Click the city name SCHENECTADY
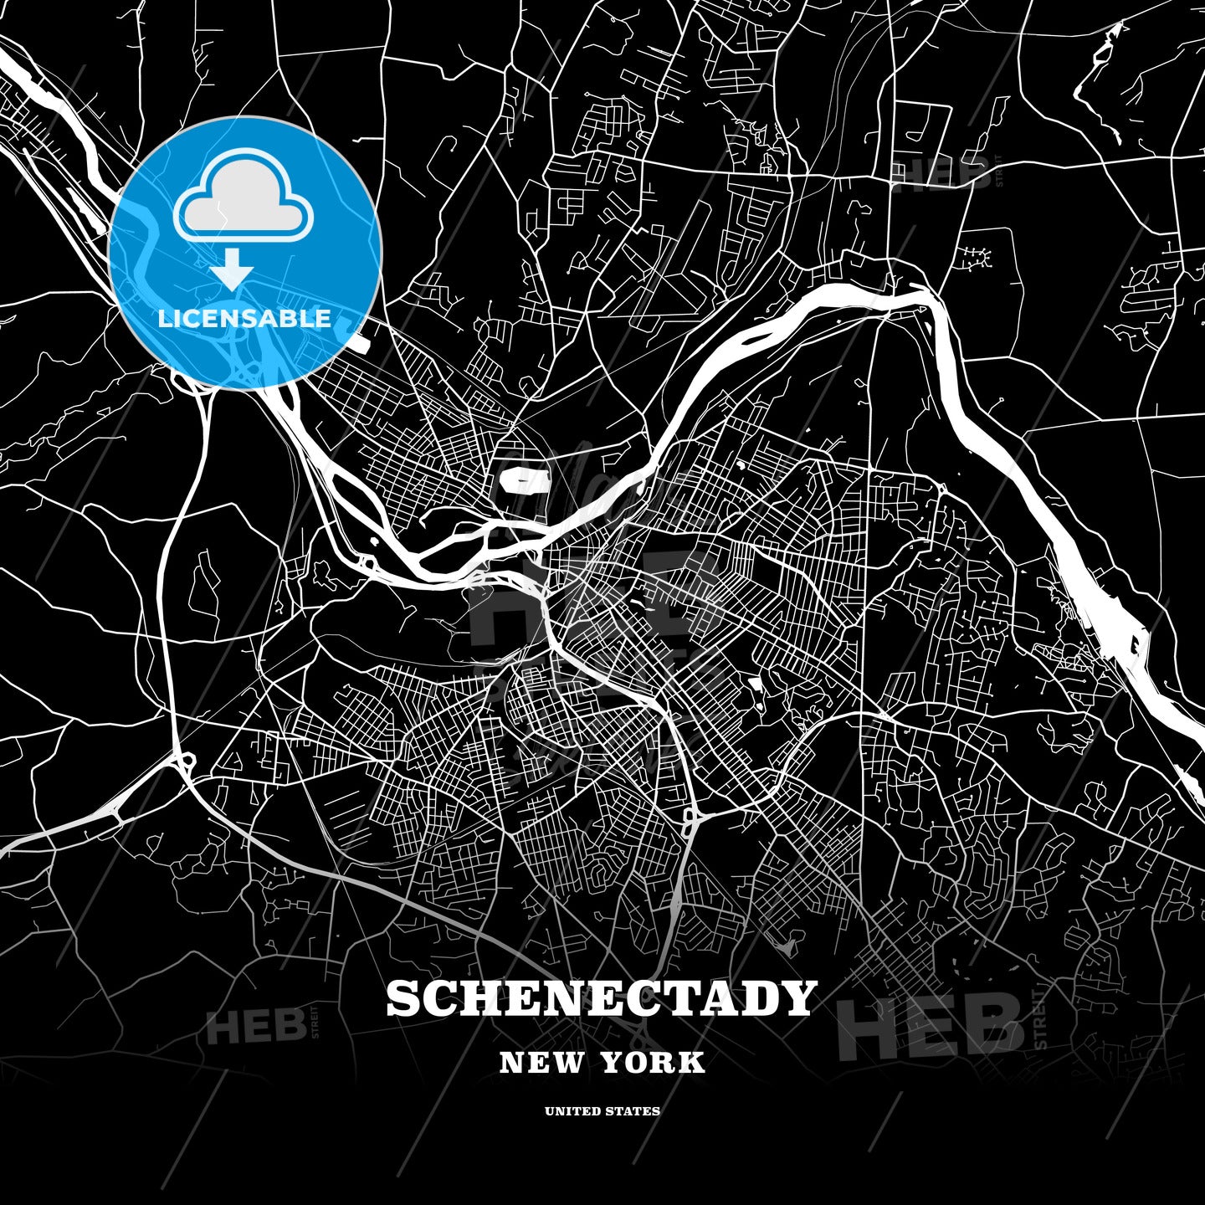coord(601,998)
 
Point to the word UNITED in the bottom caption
coord(572,1111)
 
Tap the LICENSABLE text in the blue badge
coord(244,319)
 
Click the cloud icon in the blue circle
coord(244,197)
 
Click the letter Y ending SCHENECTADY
coord(797,998)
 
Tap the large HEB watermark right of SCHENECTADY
coord(929,1025)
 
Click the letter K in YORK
coord(693,1063)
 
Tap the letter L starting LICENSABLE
coord(164,319)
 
